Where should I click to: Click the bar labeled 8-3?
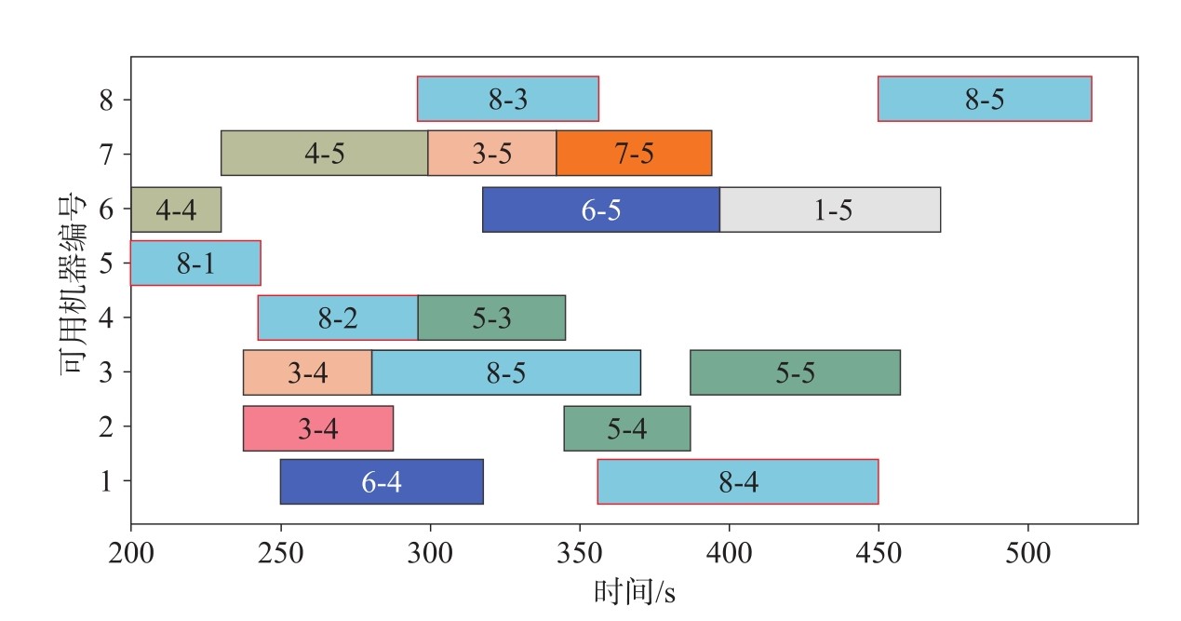[507, 99]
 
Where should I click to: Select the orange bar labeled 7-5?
[634, 154]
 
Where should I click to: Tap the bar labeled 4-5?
[324, 154]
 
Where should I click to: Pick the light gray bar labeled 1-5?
[830, 209]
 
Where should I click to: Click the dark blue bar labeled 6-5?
[600, 209]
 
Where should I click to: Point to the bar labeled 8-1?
[195, 263]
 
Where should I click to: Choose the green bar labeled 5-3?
[491, 318]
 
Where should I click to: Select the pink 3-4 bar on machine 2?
[318, 428]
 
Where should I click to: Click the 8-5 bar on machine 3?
[506, 372]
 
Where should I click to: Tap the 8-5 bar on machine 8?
[985, 99]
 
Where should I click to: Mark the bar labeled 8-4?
[738, 482]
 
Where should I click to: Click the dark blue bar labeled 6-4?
[382, 482]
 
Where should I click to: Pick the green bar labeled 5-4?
[626, 428]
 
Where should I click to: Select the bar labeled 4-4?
[176, 209]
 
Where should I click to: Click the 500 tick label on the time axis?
[1028, 552]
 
